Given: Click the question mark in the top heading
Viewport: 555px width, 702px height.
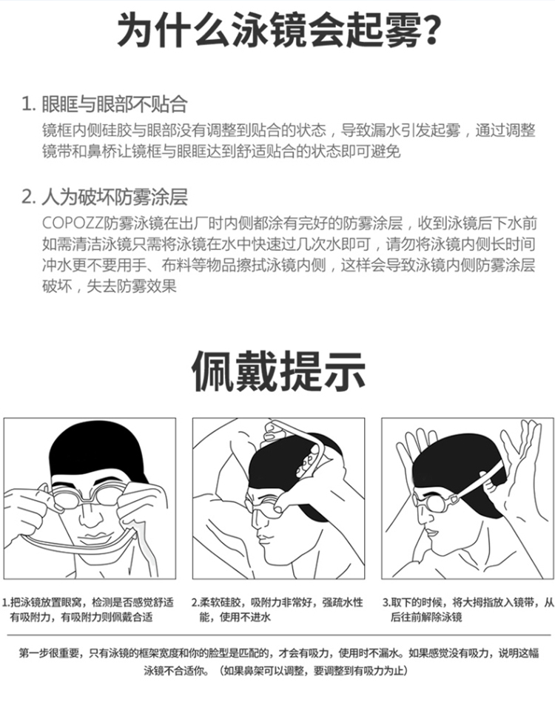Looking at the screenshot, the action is tap(431, 31).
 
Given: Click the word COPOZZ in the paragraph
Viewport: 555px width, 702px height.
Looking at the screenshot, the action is tap(73, 223).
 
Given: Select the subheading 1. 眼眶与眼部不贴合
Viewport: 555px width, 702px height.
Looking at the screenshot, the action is tap(104, 104).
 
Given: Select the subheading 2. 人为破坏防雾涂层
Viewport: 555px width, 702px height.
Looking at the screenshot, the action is tap(105, 197).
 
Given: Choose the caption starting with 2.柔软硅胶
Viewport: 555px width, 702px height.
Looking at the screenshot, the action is tap(277, 610).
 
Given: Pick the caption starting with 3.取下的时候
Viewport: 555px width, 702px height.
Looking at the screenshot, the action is tap(468, 610).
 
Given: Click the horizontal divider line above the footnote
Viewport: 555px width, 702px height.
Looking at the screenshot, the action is tap(279, 635).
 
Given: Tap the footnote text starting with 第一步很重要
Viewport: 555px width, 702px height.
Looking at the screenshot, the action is tap(279, 662).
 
